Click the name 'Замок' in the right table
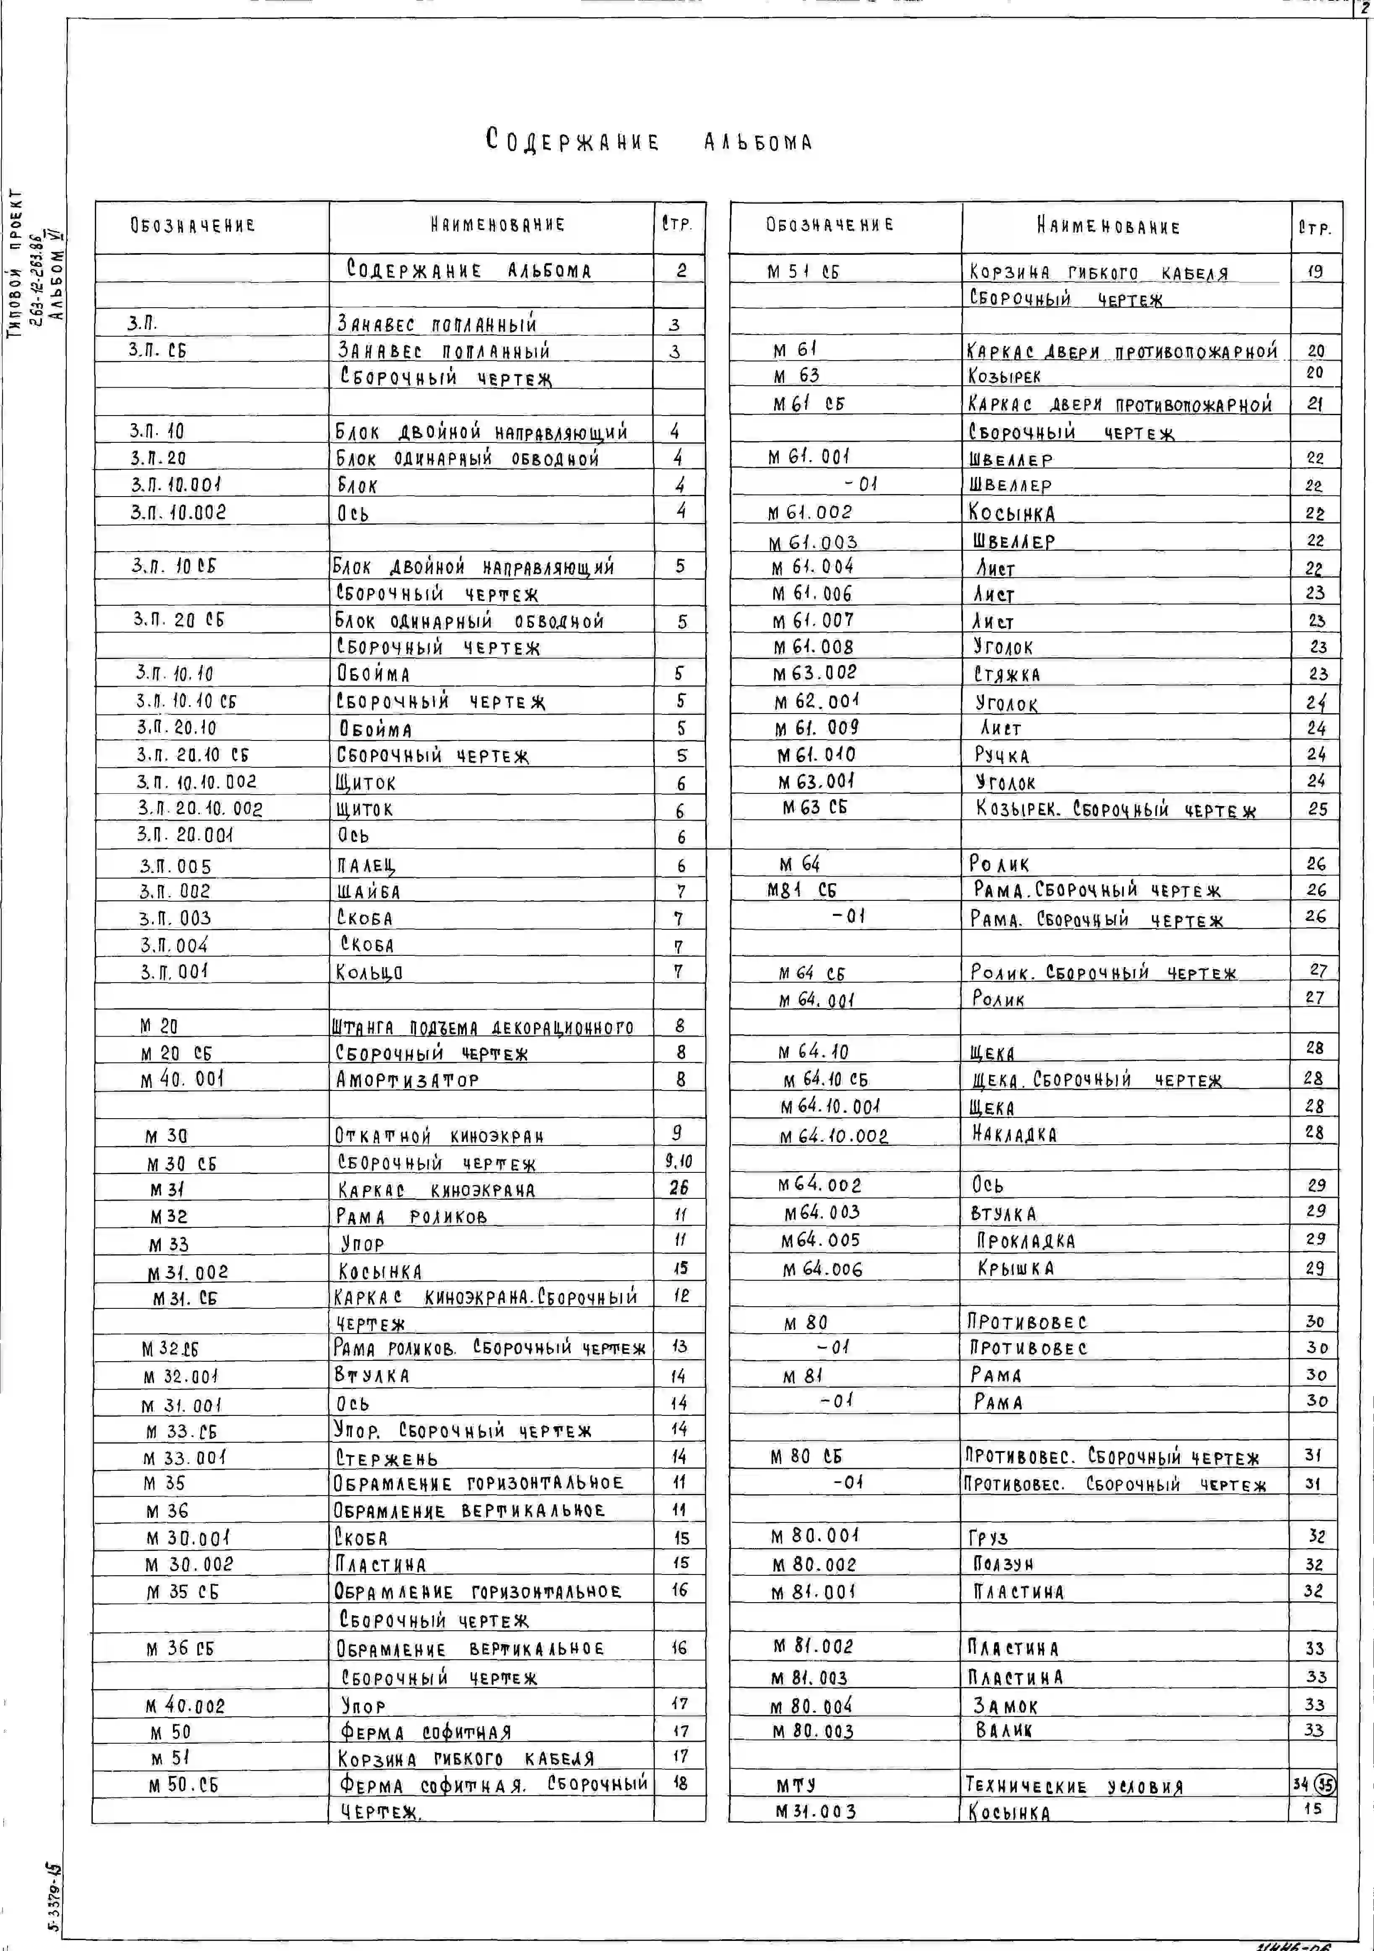1005,1705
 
